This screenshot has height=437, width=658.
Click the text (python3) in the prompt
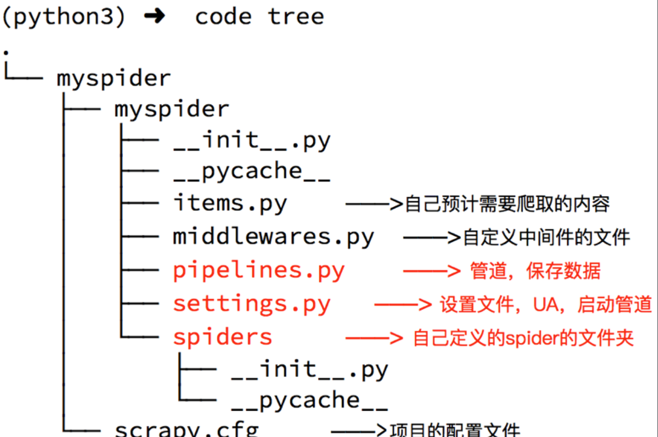pyautogui.click(x=63, y=17)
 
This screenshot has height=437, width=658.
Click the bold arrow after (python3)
pyautogui.click(x=154, y=17)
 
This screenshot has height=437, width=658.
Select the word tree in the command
pyautogui.click(x=296, y=17)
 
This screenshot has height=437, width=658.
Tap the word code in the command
pyautogui.click(x=223, y=17)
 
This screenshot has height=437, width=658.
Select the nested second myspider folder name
pyautogui.click(x=171, y=110)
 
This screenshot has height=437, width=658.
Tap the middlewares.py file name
pyautogui.click(x=273, y=237)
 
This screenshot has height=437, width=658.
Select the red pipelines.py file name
pyautogui.click(x=259, y=270)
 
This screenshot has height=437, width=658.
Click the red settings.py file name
pyautogui.click(x=251, y=304)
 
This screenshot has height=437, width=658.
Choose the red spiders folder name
pyautogui.click(x=223, y=337)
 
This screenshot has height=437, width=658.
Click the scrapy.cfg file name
pyautogui.click(x=187, y=430)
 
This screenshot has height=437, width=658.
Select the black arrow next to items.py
pyautogui.click(x=374, y=205)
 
